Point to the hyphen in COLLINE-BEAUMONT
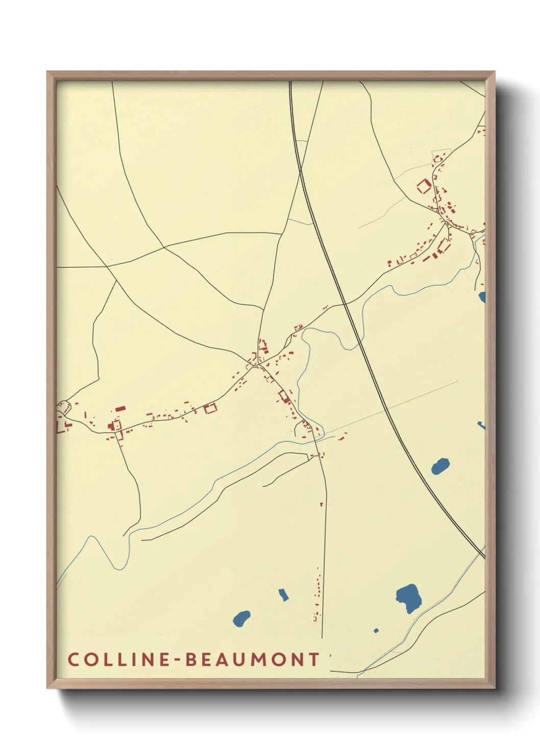pos(176,660)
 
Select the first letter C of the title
pos(73,659)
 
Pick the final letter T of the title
pos(314,659)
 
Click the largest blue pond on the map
pos(409,597)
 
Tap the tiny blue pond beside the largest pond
pos(376,631)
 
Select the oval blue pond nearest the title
pos(241,619)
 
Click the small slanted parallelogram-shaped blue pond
pos(283,594)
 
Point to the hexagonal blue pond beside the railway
pos(440,466)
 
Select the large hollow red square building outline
pos(424,186)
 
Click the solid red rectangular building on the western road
pos(120,409)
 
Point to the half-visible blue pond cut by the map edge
pos(482,297)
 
